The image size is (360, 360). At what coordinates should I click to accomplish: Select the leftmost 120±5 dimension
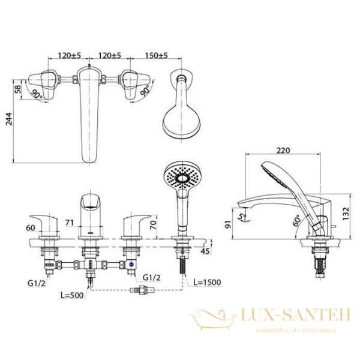coord(71,55)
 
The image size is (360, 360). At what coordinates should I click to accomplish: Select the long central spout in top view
coord(89,114)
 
